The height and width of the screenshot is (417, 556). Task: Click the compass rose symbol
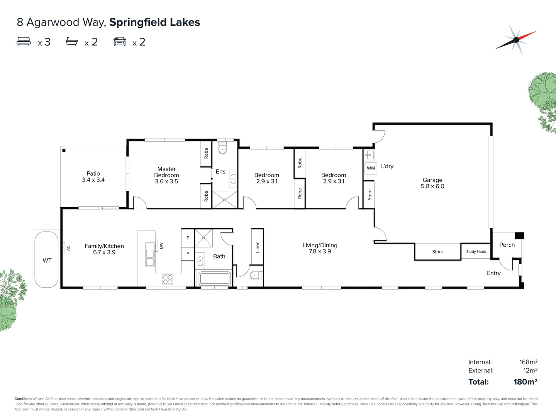click(x=516, y=40)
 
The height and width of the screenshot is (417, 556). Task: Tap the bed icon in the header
click(x=24, y=41)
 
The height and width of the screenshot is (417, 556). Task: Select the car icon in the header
click(x=120, y=41)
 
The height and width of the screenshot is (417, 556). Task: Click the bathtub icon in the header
click(x=72, y=41)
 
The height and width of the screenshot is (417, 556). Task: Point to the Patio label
click(x=93, y=174)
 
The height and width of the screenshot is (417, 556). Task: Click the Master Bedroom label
click(x=166, y=172)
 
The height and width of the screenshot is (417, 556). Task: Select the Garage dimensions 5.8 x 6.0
click(x=432, y=186)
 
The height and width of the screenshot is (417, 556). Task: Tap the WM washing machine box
click(x=371, y=168)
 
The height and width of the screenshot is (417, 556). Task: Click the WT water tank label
click(x=47, y=261)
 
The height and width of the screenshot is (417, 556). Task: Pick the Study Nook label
click(x=476, y=252)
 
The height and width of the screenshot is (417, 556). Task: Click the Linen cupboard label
click(x=258, y=247)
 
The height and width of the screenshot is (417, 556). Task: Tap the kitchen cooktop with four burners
click(x=168, y=279)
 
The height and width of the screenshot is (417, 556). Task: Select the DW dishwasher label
click(x=161, y=246)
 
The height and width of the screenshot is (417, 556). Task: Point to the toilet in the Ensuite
click(x=223, y=149)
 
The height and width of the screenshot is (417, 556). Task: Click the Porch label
click(x=507, y=245)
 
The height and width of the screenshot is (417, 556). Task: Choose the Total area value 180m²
click(x=525, y=382)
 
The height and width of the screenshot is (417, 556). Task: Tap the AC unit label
click(x=68, y=248)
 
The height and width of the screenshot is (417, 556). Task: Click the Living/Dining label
click(x=320, y=245)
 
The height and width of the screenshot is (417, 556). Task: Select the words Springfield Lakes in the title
click(x=154, y=22)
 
